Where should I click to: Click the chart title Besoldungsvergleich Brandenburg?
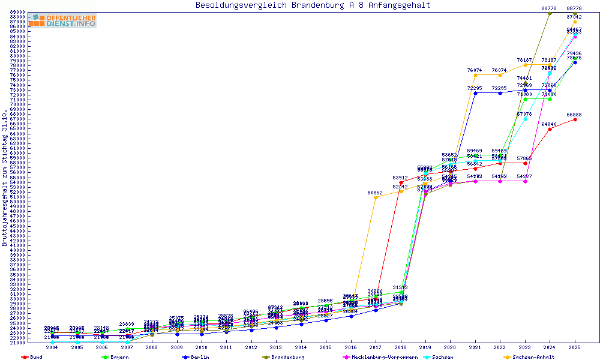point(313,5)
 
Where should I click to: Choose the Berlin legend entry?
point(199,357)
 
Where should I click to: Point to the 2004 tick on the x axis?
point(52,347)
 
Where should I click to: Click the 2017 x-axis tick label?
point(376,347)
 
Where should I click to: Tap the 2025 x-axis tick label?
point(575,347)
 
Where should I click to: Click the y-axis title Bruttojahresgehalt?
point(5,178)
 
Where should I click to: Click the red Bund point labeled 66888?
point(575,119)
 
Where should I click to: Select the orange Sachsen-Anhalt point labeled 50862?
point(376,197)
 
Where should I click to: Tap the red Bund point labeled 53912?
point(401,182)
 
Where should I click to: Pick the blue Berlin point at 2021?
point(475,93)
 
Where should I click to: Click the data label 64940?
point(549,124)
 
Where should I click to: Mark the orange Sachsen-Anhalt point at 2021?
point(475,75)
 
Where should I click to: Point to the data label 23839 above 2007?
point(127,324)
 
